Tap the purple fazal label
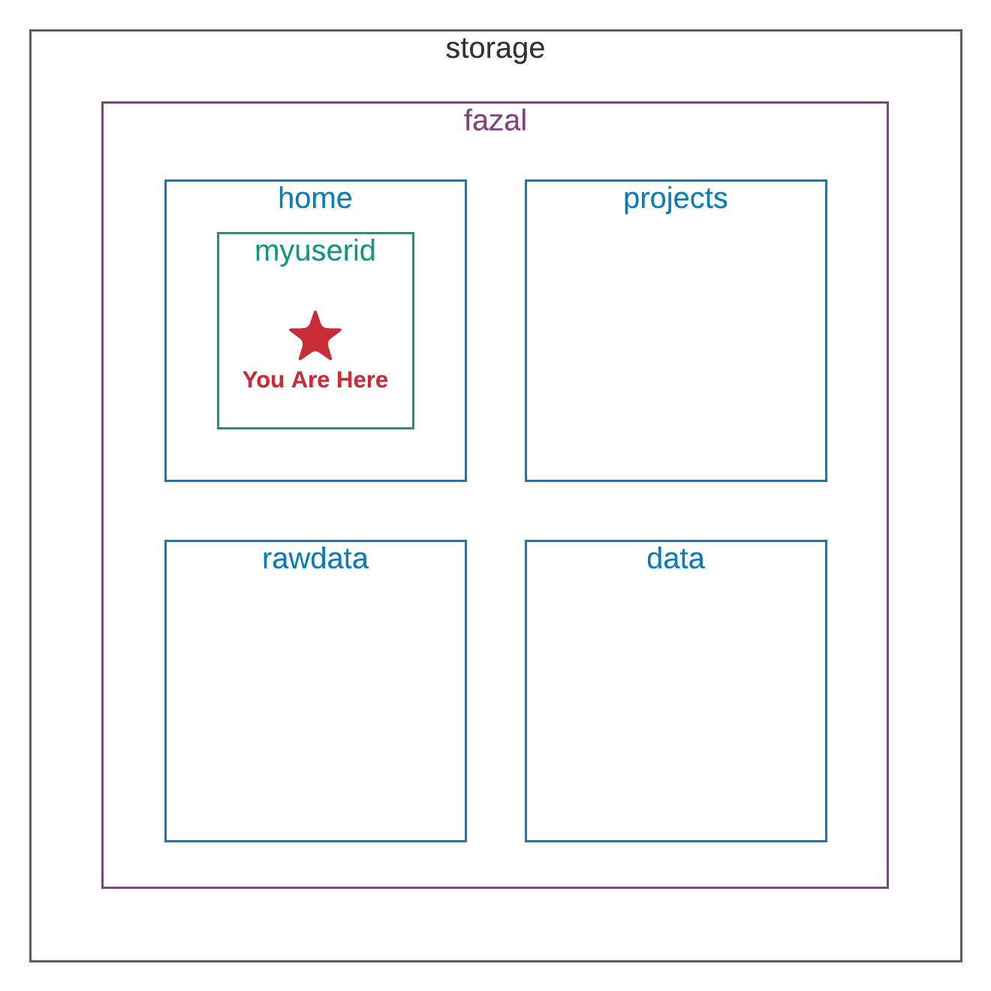[x=495, y=120]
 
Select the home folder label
[x=315, y=198]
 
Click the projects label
[x=675, y=200]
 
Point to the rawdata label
[x=315, y=559]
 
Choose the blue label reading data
[x=675, y=559]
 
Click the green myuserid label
[x=315, y=252]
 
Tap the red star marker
[x=315, y=337]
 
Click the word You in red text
[x=264, y=380]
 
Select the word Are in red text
[x=311, y=380]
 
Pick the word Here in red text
[x=362, y=380]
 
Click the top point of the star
[x=315, y=311]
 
